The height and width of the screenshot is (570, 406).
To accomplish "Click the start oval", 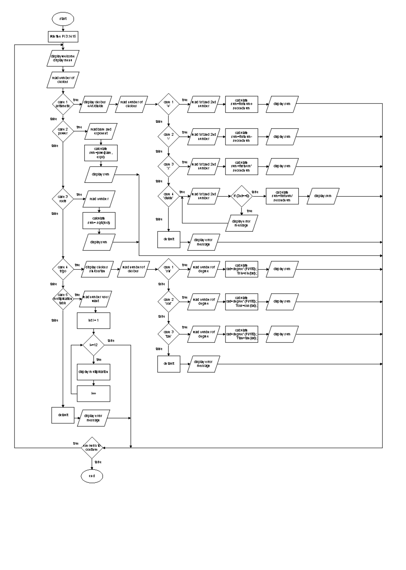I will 63,19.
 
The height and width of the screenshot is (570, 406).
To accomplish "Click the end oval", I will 92,476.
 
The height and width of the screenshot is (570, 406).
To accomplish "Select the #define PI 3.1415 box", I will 63,37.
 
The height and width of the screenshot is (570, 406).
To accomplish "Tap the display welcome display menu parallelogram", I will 63,58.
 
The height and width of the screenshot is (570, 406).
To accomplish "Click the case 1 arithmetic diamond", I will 63,104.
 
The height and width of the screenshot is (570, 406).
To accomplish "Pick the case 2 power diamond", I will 63,131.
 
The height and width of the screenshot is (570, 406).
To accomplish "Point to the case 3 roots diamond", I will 63,199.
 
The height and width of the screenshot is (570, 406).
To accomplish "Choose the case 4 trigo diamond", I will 63,269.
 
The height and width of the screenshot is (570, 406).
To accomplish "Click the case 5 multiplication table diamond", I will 63,299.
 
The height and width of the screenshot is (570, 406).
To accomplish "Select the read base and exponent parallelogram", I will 101,131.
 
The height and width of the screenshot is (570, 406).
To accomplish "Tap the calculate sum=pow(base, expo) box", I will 101,153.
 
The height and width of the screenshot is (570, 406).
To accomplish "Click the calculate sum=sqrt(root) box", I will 99,220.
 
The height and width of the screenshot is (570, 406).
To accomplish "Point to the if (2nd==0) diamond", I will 242,196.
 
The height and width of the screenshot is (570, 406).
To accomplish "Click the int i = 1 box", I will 93,320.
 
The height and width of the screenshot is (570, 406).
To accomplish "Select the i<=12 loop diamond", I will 93,345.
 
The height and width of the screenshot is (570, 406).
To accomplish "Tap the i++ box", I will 93,394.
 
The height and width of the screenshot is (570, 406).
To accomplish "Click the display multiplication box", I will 93,372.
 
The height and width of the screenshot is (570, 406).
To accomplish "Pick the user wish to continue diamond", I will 92,448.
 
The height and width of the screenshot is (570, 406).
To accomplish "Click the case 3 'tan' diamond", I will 168,334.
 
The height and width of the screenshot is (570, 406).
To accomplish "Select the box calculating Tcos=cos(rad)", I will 242,302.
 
